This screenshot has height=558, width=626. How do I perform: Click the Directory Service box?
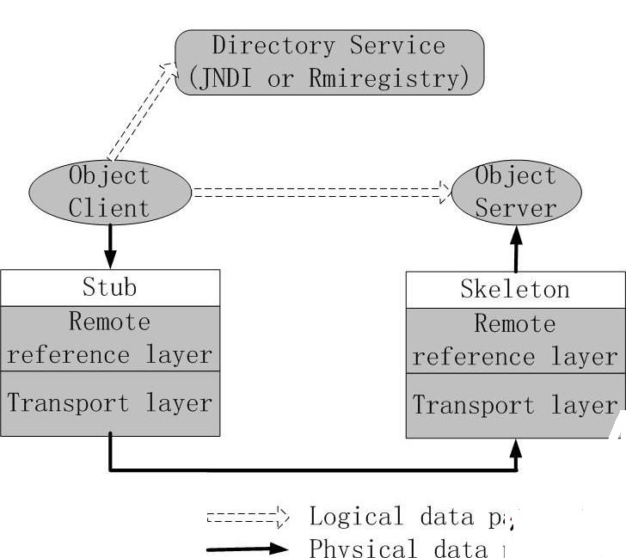point(329,62)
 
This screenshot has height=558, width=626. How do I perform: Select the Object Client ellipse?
point(109,191)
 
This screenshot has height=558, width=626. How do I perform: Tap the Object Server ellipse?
point(516,191)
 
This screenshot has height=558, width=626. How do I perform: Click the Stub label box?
point(110,286)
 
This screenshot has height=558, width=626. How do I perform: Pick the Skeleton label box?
point(515,289)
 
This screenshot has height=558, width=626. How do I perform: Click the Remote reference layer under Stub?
point(110,338)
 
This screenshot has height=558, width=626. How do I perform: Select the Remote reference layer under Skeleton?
point(515,340)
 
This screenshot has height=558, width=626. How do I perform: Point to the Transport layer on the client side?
point(110,403)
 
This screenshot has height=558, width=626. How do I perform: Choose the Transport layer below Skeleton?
point(515,406)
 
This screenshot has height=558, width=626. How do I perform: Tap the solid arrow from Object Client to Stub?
point(110,246)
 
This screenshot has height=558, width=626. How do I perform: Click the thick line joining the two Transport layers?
point(313,469)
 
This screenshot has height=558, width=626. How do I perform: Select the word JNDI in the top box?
point(231,78)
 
